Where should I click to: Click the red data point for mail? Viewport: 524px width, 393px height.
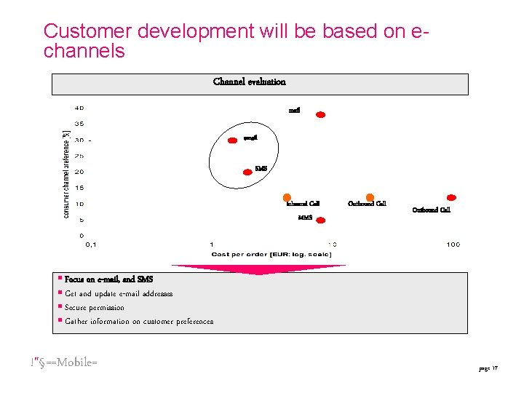click(x=319, y=114)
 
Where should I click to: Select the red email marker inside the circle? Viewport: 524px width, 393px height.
click(x=233, y=140)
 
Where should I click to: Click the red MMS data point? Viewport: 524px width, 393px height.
click(x=320, y=221)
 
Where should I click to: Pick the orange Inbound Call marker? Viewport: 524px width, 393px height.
click(x=287, y=197)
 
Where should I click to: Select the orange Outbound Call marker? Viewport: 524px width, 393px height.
click(x=370, y=197)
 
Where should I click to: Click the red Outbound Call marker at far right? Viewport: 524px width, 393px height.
click(x=450, y=197)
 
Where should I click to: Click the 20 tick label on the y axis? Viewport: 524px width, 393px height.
click(x=79, y=172)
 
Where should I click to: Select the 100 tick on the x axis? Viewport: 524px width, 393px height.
click(x=453, y=245)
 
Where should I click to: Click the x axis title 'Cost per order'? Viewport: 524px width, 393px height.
click(x=271, y=254)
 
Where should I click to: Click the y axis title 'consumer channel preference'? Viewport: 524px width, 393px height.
click(x=66, y=173)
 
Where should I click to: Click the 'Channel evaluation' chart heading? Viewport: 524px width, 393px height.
click(x=250, y=82)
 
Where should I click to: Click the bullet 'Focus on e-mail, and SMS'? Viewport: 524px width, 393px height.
click(x=108, y=279)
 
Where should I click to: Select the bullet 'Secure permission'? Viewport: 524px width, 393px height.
click(x=95, y=307)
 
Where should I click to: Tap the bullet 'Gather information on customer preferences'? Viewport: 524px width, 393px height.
click(x=139, y=321)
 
